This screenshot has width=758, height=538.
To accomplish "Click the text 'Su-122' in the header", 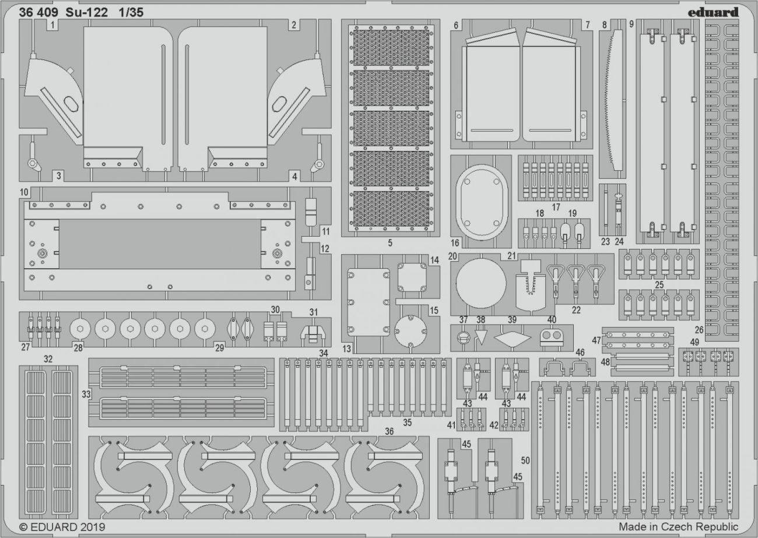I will tap(88, 12).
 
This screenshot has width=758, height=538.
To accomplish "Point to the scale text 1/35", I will tap(130, 12).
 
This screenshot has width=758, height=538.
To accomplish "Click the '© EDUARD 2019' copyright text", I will tap(57, 526).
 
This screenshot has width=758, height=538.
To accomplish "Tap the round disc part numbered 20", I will tap(481, 284).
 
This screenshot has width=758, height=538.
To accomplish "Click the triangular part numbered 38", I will tap(481, 338).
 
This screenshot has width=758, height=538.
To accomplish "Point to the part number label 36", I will tap(389, 431).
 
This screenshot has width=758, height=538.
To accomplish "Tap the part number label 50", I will tap(525, 460).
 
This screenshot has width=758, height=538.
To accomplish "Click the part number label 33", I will tap(86, 394).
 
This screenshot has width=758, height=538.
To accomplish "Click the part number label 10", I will tap(24, 192).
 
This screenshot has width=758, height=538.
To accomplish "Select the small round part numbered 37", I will tap(464, 337).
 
